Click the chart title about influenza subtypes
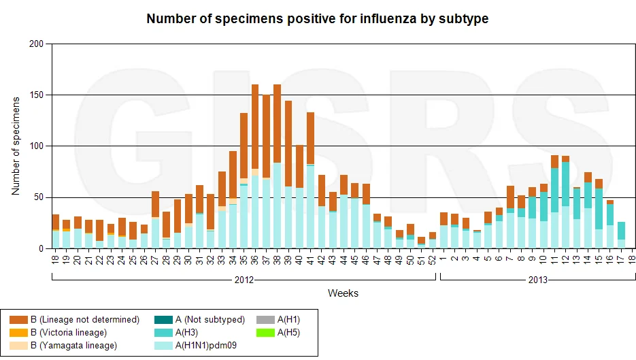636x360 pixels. click(317, 18)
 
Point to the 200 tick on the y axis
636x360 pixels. click(37, 44)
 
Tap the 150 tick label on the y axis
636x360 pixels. click(37, 95)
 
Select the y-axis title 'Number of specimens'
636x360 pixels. click(16, 146)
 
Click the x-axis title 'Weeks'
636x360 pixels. click(343, 293)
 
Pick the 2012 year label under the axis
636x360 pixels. click(244, 280)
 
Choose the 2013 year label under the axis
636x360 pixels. click(538, 280)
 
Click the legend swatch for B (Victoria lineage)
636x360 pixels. click(18, 333)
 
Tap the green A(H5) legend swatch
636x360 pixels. click(265, 333)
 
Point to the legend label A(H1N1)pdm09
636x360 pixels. click(206, 346)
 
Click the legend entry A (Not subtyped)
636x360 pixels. click(199, 319)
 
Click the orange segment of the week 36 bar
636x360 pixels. click(255, 127)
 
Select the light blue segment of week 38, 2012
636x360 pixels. click(278, 206)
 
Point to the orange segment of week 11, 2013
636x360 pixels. click(554, 161)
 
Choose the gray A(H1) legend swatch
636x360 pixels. click(265, 320)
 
